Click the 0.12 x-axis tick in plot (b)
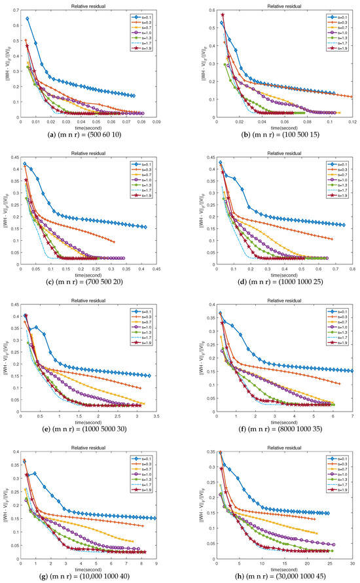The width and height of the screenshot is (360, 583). pos(352,122)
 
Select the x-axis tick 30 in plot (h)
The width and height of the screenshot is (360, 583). pos(352,564)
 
